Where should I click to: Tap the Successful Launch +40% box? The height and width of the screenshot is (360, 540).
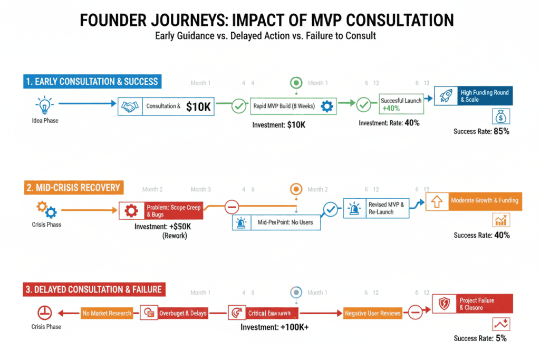401,104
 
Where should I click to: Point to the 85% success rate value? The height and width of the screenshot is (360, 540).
500,131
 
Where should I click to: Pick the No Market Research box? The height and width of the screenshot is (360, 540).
107,313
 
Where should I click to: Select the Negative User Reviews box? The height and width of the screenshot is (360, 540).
372,313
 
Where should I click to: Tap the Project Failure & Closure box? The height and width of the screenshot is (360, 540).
472,304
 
